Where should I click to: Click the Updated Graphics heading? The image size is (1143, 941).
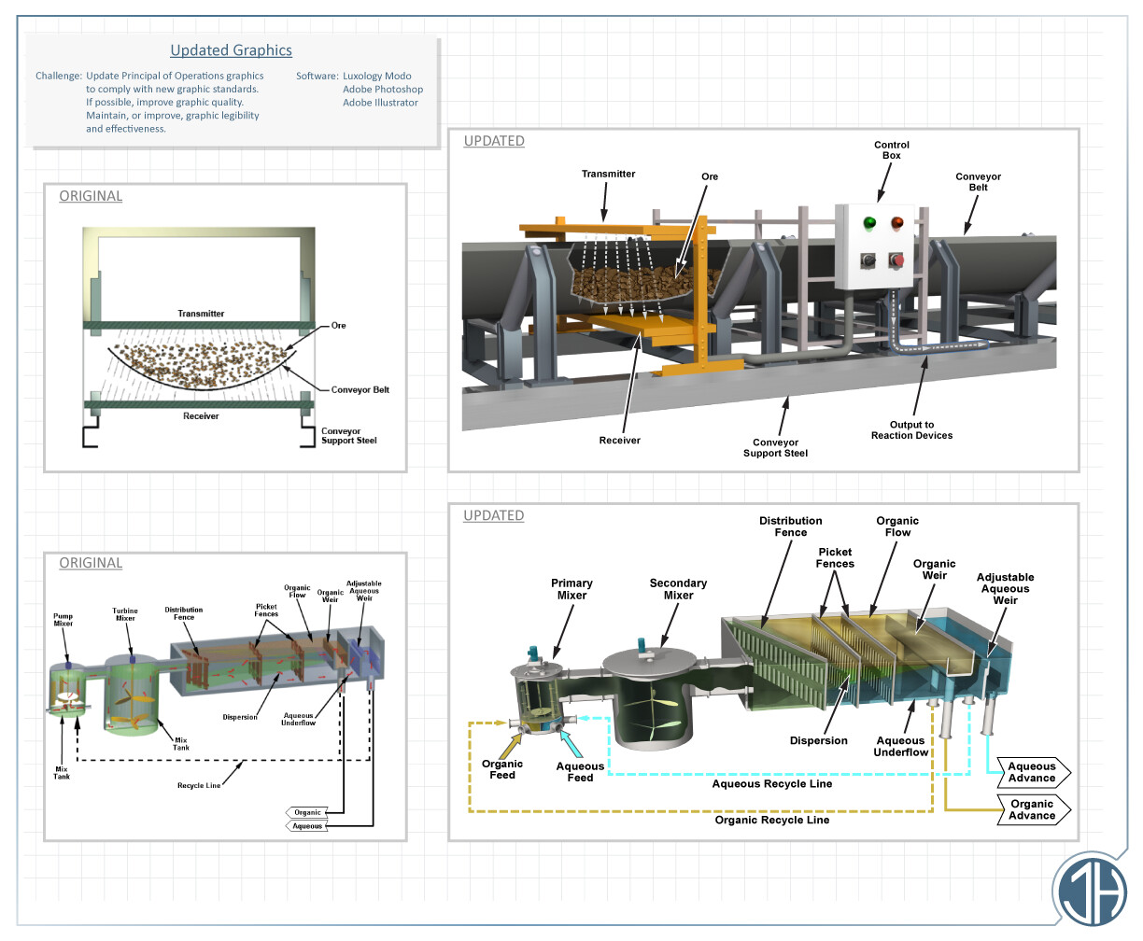point(231,50)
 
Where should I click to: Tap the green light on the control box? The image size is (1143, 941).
point(869,223)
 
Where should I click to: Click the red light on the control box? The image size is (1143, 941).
point(897,223)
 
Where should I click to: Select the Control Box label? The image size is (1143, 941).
point(891,150)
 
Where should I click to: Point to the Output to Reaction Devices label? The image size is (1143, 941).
point(911,430)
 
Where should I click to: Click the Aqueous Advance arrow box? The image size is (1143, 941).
point(1033,773)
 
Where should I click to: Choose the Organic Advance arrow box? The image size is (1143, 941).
point(1033,809)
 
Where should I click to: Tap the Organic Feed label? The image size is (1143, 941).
point(502,769)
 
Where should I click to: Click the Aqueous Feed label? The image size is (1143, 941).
point(580,772)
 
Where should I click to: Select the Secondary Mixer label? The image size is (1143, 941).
point(678,589)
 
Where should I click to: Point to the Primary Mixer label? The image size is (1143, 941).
point(571,589)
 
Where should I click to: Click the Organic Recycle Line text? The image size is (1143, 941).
point(771,821)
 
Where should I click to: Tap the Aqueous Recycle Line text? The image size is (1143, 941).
point(771,784)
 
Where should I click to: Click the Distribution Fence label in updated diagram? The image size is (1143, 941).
point(790,527)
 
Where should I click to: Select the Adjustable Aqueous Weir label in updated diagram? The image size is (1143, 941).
point(1005,589)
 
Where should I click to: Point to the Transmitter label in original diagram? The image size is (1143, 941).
point(201,314)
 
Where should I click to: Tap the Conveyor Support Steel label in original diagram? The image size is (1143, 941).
point(348,436)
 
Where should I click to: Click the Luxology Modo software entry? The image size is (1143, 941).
point(376,77)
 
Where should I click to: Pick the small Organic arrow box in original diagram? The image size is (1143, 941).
point(307,812)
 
